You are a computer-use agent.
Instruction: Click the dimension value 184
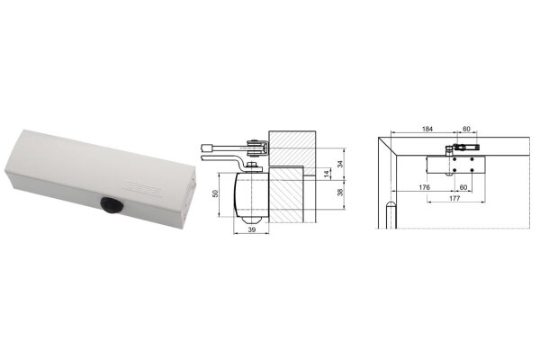427,129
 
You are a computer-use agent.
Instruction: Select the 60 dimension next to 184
466,129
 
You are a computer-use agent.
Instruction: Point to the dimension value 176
424,187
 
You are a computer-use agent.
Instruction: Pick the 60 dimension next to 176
463,187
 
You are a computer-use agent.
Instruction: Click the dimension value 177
454,198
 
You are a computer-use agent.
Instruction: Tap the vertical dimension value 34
340,164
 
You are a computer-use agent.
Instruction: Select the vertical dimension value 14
328,174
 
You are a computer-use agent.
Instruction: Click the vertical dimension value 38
340,193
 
